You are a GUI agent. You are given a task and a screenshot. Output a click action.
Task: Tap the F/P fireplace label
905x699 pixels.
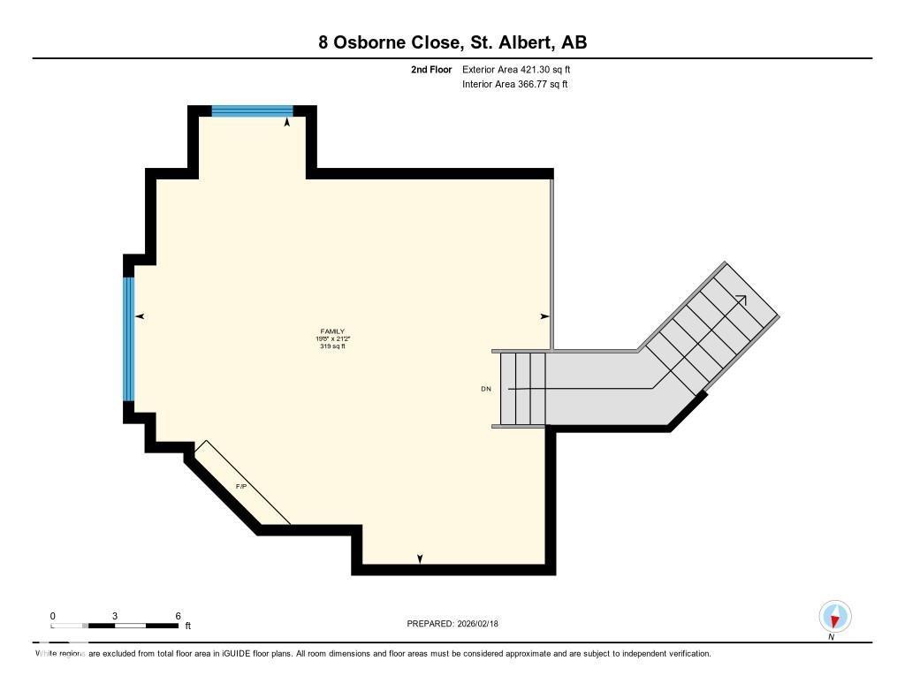pyautogui.click(x=241, y=487)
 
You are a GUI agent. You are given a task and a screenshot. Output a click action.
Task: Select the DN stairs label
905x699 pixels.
pyautogui.click(x=486, y=389)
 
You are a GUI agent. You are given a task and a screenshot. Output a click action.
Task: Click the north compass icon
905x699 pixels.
pyautogui.click(x=834, y=616)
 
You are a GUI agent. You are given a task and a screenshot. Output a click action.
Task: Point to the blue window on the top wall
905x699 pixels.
pyautogui.click(x=252, y=111)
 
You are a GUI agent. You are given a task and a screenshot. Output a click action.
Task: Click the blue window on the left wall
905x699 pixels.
pyautogui.click(x=129, y=339)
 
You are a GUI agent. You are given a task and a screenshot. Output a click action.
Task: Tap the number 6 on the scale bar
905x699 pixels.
pyautogui.click(x=178, y=616)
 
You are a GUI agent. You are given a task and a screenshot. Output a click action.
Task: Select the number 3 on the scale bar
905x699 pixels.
pyautogui.click(x=115, y=616)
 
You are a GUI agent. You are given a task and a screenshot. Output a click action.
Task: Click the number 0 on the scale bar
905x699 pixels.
pyautogui.click(x=53, y=616)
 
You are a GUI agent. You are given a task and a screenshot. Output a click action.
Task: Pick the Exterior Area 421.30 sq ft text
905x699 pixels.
pyautogui.click(x=522, y=69)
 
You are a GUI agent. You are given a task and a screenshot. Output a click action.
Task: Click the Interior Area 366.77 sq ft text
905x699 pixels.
pyautogui.click(x=514, y=85)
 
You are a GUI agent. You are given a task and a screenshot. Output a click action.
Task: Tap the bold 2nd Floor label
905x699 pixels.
pyautogui.click(x=431, y=69)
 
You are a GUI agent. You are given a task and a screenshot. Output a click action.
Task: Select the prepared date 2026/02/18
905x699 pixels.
pyautogui.click(x=483, y=624)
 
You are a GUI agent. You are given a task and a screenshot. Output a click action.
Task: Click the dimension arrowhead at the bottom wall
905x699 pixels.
pyautogui.click(x=420, y=558)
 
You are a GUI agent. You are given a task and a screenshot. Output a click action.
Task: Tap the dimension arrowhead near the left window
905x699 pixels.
pyautogui.click(x=139, y=316)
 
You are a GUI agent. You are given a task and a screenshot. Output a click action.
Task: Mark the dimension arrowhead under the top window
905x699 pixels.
pyautogui.click(x=287, y=123)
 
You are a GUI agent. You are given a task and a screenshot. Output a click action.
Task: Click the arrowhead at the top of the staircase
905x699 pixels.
pyautogui.click(x=741, y=300)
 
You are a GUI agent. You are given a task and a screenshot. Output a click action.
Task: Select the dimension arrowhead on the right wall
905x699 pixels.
pyautogui.click(x=544, y=316)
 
